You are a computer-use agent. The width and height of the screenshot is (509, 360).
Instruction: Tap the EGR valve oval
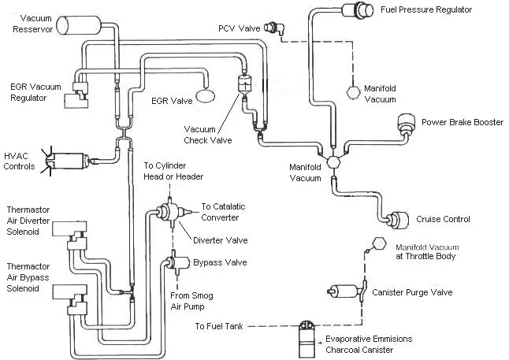point(205,96)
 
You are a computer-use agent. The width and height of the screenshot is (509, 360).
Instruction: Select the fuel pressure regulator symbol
point(359,9)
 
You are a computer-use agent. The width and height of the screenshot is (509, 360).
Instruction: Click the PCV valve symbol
point(274,28)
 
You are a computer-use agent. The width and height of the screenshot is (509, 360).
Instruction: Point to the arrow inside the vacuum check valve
point(245,86)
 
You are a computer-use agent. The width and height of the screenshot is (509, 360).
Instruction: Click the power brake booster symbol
point(406,124)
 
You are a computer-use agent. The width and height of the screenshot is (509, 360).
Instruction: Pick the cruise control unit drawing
point(398,220)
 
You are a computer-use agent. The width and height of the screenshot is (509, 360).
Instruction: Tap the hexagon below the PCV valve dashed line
point(353,92)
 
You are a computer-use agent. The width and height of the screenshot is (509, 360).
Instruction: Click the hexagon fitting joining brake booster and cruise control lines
point(333,161)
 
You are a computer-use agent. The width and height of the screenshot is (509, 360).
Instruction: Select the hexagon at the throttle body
point(379,243)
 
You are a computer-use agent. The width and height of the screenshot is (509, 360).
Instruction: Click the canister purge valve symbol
point(347,291)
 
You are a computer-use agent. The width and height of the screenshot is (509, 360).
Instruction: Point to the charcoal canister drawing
point(307,340)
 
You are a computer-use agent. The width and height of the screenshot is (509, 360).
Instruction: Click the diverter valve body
point(169,213)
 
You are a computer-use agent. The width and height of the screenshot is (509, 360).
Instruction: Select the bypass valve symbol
point(177,262)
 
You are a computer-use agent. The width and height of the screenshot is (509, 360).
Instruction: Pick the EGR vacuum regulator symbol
point(76,95)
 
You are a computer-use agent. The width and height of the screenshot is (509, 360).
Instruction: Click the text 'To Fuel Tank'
point(219,326)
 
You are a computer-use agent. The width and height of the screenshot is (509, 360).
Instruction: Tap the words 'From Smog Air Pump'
point(191,301)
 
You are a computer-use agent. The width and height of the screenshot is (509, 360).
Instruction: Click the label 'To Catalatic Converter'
point(223,212)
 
